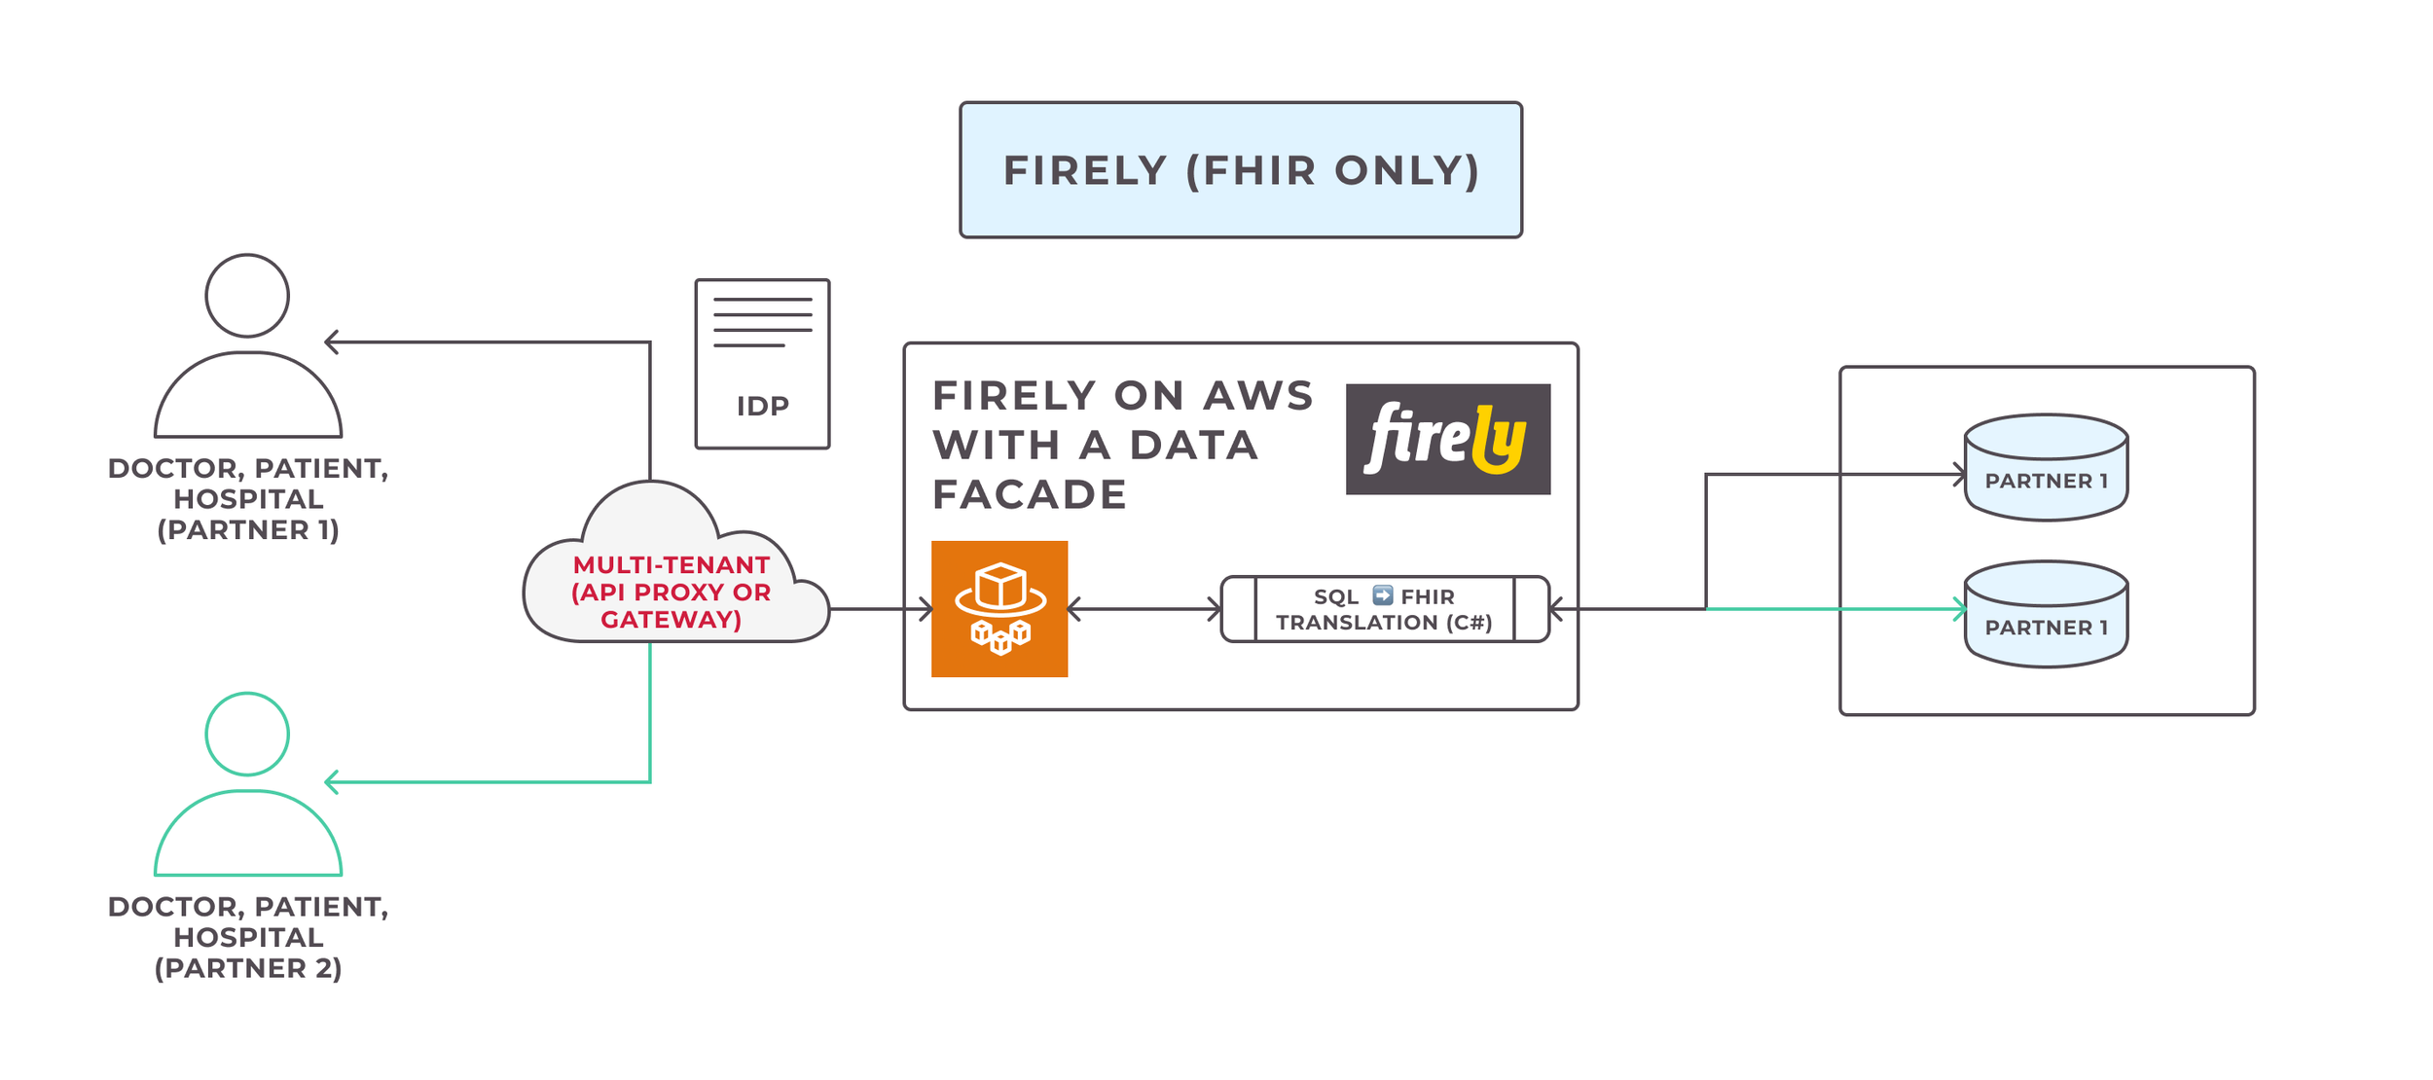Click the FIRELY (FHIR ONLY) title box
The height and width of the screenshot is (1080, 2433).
click(1241, 170)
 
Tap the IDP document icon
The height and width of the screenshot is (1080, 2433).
click(762, 364)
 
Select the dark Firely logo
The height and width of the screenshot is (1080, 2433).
click(1447, 439)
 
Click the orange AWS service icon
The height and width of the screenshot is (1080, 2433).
click(999, 609)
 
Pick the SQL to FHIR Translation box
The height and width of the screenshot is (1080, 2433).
click(1384, 609)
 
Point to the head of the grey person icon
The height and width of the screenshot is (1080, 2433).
click(247, 296)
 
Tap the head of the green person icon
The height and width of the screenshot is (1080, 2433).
click(247, 735)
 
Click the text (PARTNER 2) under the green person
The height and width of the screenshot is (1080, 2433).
click(248, 969)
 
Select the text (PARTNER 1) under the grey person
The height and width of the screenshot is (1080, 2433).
click(248, 530)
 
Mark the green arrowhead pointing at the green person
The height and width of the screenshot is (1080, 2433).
click(331, 782)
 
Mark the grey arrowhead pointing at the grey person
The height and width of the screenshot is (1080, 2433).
click(331, 342)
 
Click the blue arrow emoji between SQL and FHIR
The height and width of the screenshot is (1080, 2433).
click(1383, 595)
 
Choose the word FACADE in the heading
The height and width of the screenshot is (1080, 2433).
click(1030, 495)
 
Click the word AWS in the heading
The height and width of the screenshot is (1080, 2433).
click(1258, 396)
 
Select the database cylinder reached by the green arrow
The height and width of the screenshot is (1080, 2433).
click(2046, 615)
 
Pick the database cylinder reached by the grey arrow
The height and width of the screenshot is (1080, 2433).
click(2046, 468)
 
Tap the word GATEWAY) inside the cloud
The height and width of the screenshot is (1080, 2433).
click(672, 620)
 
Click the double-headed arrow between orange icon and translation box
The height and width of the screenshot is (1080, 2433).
click(1144, 610)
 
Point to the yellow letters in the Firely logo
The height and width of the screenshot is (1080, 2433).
click(1498, 440)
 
